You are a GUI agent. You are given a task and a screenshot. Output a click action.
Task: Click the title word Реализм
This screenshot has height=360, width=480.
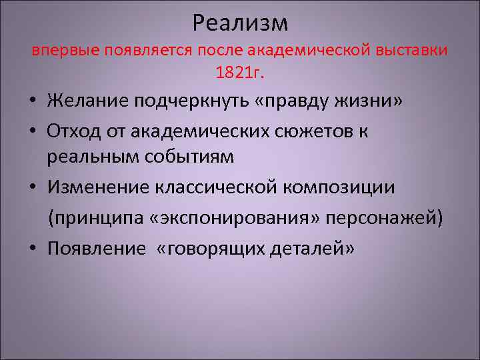240,23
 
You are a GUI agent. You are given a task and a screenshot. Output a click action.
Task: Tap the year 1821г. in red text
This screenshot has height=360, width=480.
240,72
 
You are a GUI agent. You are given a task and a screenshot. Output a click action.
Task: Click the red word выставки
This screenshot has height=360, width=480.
415,50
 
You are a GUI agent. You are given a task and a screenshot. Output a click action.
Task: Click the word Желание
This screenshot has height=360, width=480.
87,101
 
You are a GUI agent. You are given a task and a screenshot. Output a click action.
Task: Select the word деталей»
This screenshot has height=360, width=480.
314,248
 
